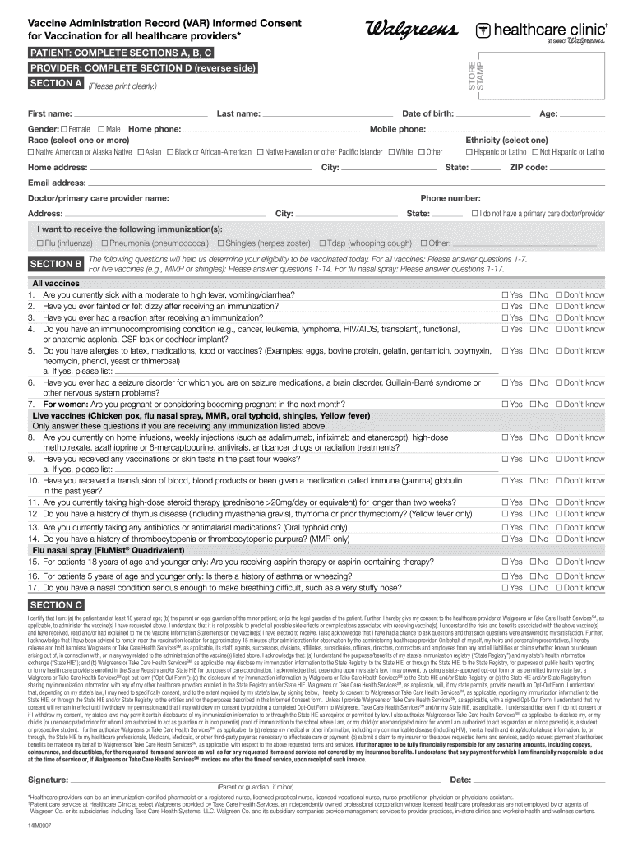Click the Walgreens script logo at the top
(408, 30)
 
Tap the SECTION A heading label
(55, 84)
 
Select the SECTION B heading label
(55, 264)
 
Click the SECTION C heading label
(55, 604)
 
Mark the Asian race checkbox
(141, 152)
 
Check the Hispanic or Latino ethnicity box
(469, 152)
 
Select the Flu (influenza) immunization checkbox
(39, 243)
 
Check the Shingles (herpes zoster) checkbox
(221, 243)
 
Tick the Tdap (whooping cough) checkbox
(321, 243)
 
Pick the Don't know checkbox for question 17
(559, 588)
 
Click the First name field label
(49, 113)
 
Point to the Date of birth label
(427, 113)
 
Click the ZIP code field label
(529, 168)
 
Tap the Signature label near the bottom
(48, 779)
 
